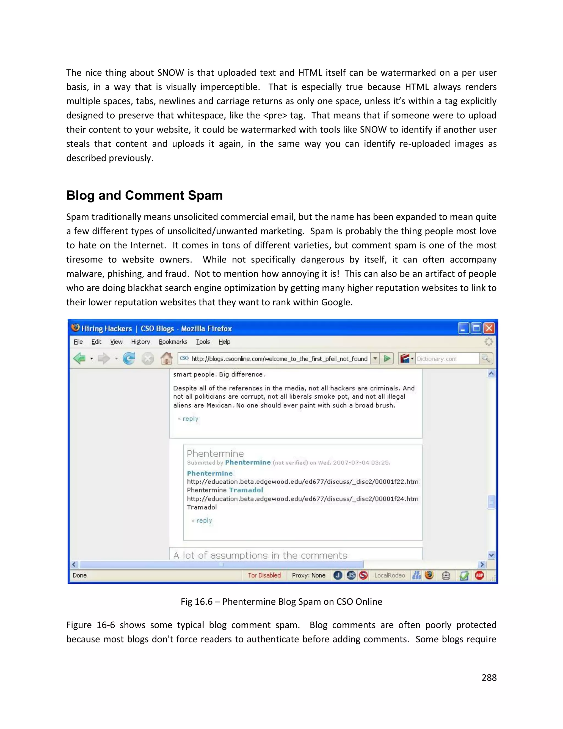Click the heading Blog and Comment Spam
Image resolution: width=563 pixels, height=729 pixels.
tap(144, 196)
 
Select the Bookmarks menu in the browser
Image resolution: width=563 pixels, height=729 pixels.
tap(173, 342)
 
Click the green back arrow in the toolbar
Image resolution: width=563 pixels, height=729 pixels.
tap(79, 359)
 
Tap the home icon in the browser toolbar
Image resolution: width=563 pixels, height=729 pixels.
tap(166, 359)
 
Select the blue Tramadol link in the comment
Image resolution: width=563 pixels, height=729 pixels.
tap(246, 490)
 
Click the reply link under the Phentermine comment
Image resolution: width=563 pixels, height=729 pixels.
tap(204, 520)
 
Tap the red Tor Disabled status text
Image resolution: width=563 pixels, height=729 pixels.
tap(264, 575)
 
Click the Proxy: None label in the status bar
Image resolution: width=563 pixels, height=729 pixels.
tap(308, 575)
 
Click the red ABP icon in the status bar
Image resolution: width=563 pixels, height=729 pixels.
tap(479, 575)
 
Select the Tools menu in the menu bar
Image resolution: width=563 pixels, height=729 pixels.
tap(203, 342)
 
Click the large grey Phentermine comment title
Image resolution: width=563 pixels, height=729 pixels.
tap(215, 454)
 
